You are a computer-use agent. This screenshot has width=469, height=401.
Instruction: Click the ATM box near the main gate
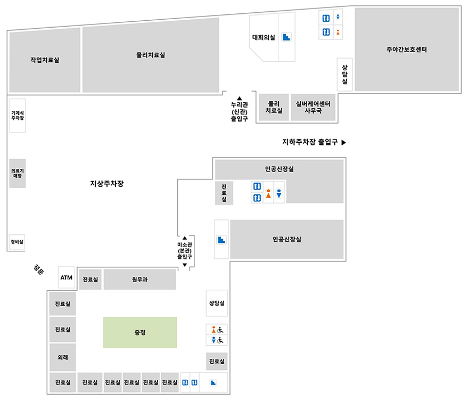(x=67, y=277)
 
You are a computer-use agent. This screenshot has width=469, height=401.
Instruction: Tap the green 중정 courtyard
(x=140, y=332)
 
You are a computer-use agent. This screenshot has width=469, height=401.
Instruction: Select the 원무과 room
(x=139, y=280)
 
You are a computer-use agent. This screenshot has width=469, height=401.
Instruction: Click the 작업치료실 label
(x=45, y=60)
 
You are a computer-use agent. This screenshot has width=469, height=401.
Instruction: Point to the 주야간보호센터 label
(x=407, y=50)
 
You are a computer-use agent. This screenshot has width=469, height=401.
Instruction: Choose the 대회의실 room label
(x=264, y=37)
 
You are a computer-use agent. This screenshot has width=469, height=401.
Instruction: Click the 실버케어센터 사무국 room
(x=313, y=107)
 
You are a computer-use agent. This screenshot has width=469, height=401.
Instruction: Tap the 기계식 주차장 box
(x=18, y=116)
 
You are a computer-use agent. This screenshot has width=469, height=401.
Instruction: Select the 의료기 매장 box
(x=18, y=173)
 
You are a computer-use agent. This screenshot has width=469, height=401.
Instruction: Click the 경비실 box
(x=17, y=242)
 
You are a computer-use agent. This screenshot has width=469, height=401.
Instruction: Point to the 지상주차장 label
(x=107, y=183)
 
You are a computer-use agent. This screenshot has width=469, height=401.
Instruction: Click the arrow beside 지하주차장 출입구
(x=344, y=142)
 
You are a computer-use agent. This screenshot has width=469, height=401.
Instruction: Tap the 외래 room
(x=62, y=357)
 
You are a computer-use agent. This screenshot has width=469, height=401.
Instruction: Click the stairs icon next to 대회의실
(x=286, y=37)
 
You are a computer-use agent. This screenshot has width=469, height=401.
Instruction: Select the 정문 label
(x=39, y=269)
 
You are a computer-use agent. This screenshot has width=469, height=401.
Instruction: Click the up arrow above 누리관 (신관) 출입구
(x=239, y=98)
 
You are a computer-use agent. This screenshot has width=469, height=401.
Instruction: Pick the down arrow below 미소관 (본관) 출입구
(x=185, y=265)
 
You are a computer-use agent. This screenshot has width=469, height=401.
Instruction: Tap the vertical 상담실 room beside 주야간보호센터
(x=344, y=75)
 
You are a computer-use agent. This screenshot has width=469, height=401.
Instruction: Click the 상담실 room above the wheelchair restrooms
(x=217, y=303)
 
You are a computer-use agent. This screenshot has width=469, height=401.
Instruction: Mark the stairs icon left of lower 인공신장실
(x=221, y=240)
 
